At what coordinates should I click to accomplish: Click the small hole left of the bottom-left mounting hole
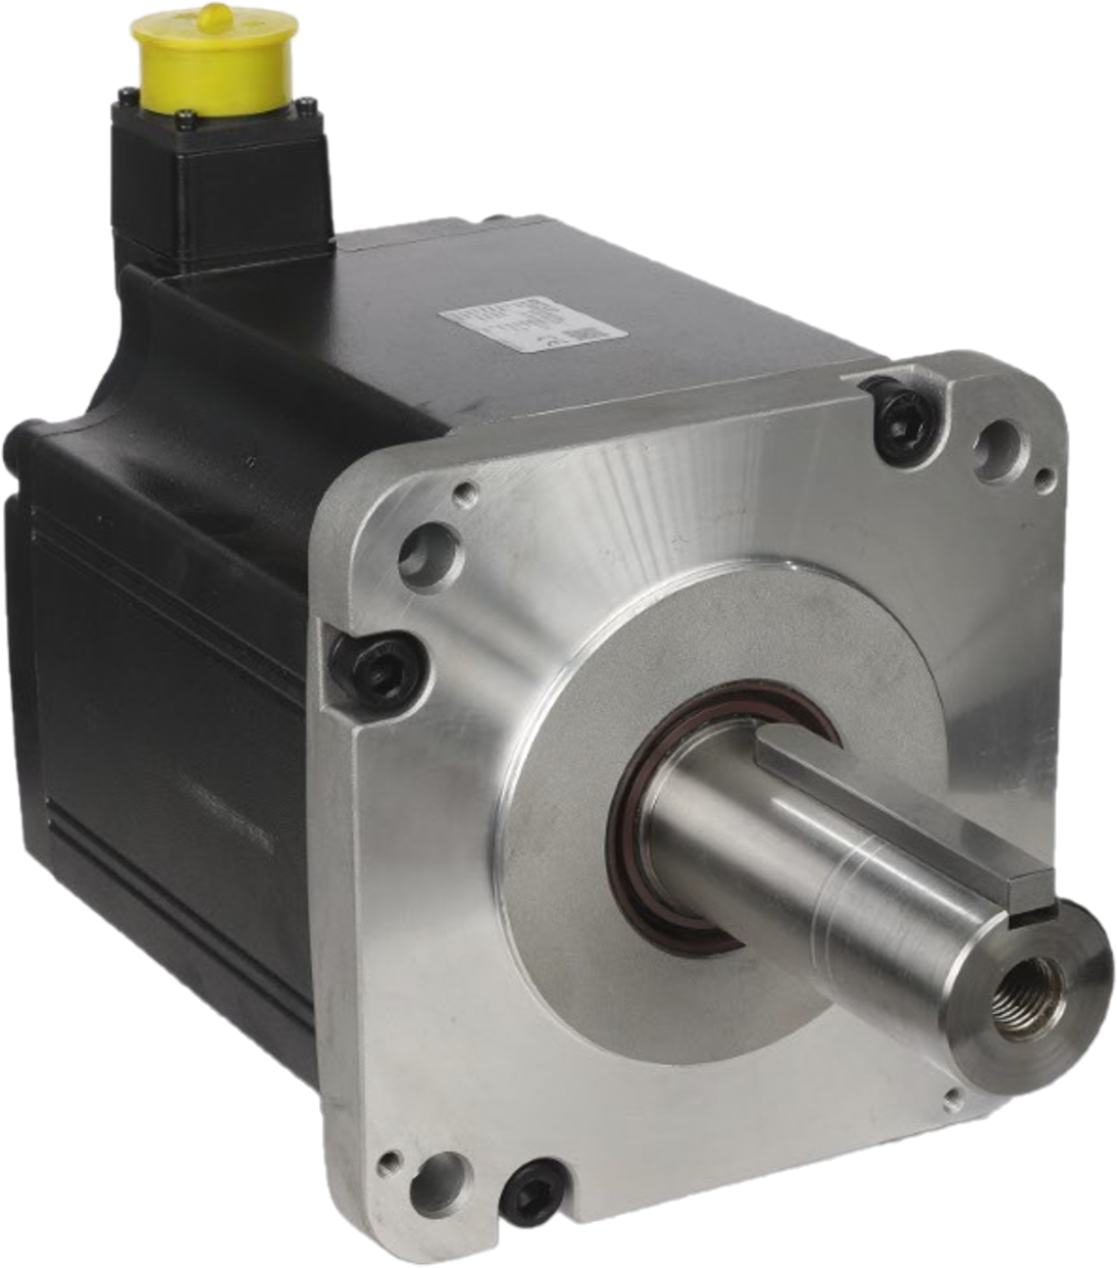tap(389, 1164)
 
